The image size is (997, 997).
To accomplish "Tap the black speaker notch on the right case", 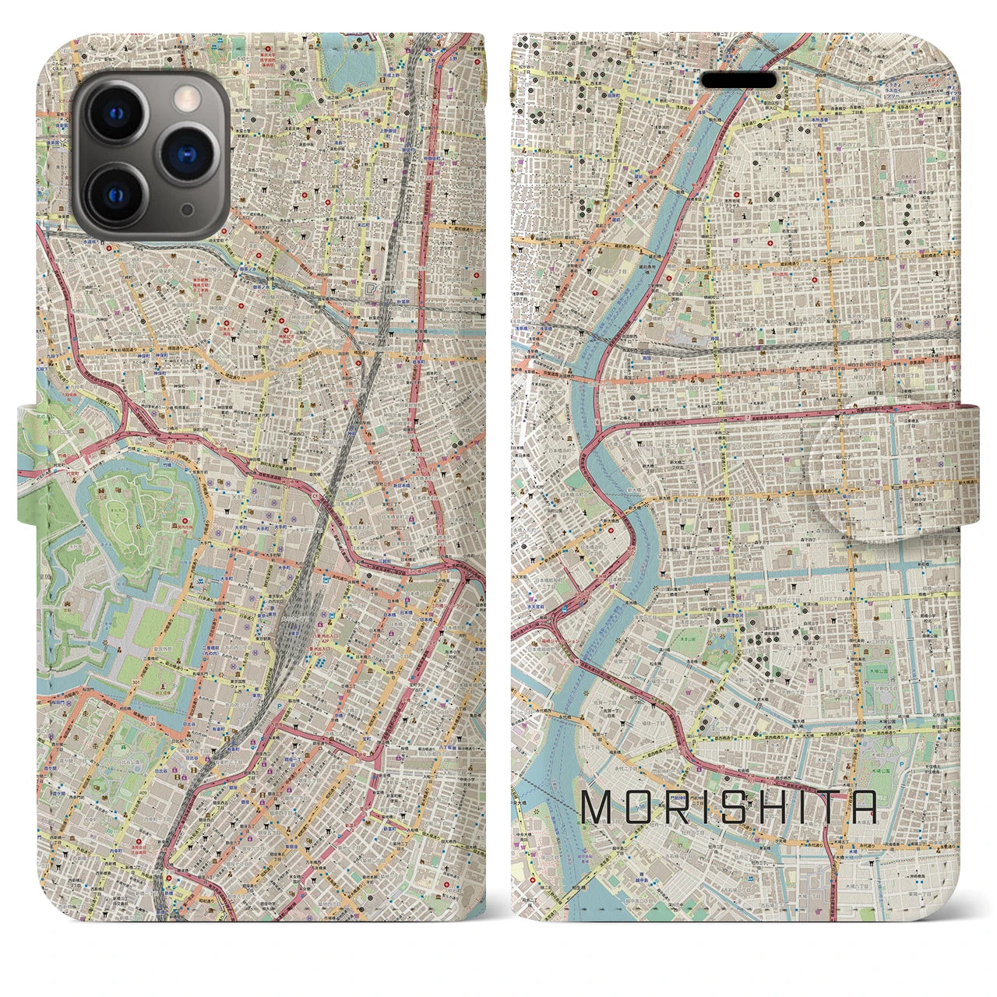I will pos(739,80).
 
